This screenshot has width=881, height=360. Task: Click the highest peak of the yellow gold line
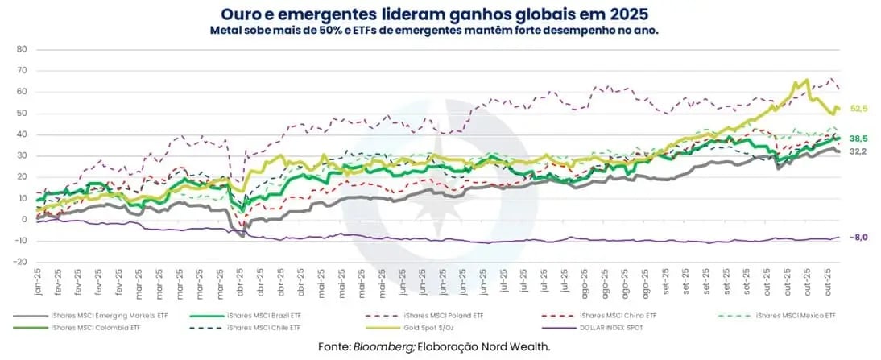click(807, 80)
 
